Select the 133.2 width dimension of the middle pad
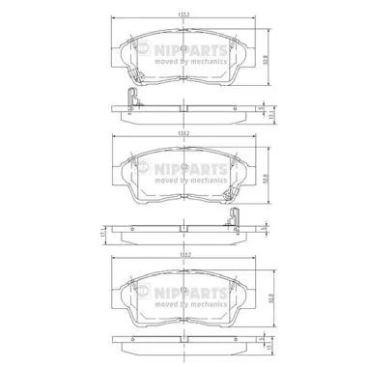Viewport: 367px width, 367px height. (x=182, y=133)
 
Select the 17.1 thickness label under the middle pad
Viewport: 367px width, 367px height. (x=104, y=232)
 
